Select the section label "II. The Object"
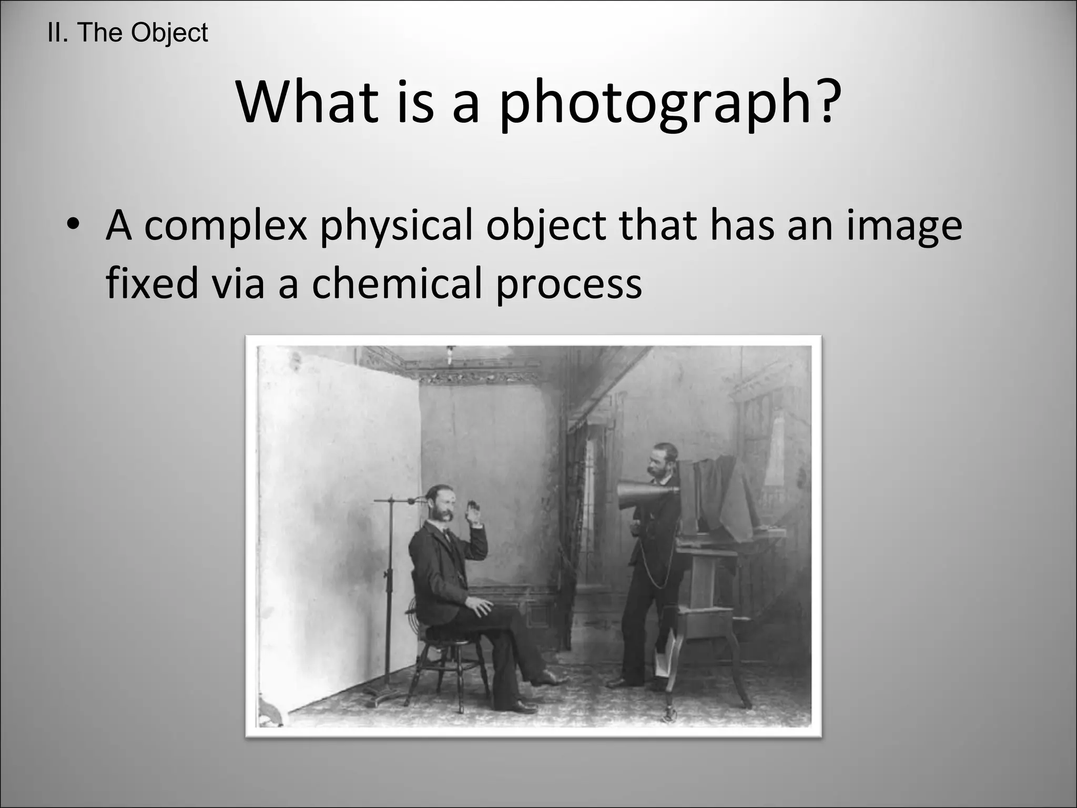coord(127,33)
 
